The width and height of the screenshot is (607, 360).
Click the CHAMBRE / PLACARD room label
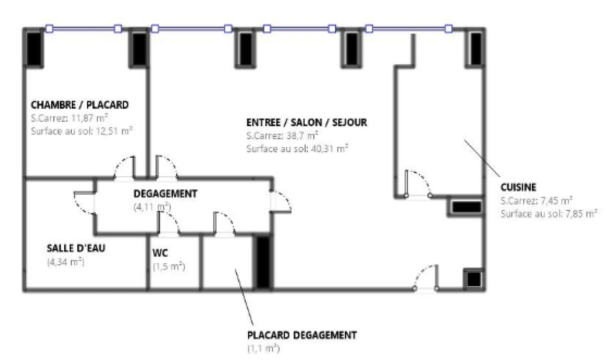click(80, 105)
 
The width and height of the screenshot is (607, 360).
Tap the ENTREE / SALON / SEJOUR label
click(307, 122)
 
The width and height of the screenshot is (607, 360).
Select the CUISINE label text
click(518, 187)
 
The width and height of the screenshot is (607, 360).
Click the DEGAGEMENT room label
click(165, 194)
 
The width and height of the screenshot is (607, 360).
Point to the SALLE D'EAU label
click(76, 248)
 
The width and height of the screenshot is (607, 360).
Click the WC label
click(160, 253)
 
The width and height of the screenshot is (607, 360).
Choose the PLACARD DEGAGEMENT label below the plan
click(302, 335)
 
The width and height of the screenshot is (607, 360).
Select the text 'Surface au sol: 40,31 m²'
click(297, 149)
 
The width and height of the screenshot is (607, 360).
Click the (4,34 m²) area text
click(66, 262)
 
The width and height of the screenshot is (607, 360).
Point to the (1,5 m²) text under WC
click(169, 267)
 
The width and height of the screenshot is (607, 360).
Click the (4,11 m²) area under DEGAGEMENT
click(152, 207)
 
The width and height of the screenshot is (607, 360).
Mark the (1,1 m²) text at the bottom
click(263, 349)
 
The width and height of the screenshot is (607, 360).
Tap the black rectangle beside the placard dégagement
click(263, 262)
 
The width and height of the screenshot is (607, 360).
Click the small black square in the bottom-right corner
click(474, 279)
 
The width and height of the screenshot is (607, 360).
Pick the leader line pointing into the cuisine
click(482, 159)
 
